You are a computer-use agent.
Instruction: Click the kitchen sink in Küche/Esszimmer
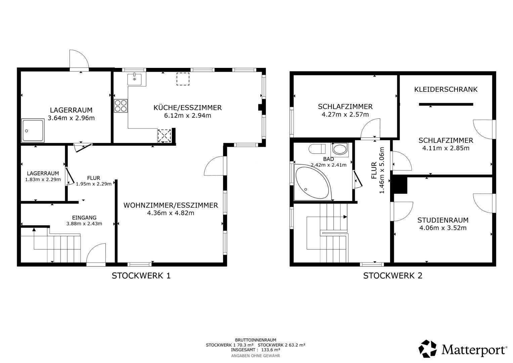click(134, 79)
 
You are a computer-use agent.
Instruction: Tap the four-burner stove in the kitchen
click(121, 106)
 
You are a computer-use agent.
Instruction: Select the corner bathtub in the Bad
click(313, 182)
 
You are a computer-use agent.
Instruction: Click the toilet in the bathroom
click(317, 149)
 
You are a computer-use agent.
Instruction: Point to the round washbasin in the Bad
click(340, 150)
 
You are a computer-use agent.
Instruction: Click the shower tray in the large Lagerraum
click(33, 130)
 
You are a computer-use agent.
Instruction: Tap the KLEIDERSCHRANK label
click(446, 89)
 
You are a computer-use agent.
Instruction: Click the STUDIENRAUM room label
click(443, 220)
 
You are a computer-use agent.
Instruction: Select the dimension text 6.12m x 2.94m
click(187, 116)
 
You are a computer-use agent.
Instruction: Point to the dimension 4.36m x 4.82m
click(171, 213)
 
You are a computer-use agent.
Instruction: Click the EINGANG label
click(84, 217)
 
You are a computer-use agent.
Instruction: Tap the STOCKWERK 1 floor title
click(141, 276)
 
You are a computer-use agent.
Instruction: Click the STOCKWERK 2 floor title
click(392, 276)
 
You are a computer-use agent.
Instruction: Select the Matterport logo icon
click(427, 349)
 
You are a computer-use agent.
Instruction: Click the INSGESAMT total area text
click(255, 350)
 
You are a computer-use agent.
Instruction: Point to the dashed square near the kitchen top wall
click(183, 79)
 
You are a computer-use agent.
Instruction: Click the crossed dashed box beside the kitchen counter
click(164, 136)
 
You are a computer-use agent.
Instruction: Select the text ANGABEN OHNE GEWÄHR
click(255, 356)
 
